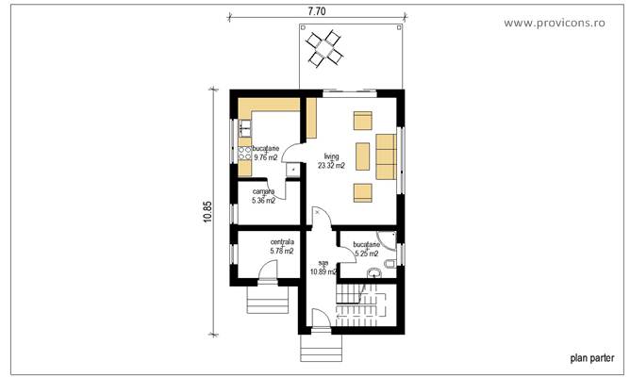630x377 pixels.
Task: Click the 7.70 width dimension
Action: click(x=317, y=12)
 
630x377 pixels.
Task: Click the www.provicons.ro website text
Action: click(x=568, y=22)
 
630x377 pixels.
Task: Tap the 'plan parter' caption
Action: click(x=592, y=358)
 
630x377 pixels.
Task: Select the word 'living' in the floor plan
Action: click(x=331, y=156)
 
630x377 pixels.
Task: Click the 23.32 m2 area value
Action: click(x=331, y=166)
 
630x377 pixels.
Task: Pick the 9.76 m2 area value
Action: click(x=264, y=157)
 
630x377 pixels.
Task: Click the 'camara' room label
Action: click(x=263, y=191)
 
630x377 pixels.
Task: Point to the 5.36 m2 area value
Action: click(x=263, y=200)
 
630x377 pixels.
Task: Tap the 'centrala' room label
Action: click(x=282, y=242)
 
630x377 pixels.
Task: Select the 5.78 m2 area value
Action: click(x=282, y=251)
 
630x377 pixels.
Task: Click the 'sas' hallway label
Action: click(x=323, y=263)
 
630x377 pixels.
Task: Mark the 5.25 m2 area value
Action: click(x=366, y=253)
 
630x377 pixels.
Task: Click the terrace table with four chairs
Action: click(x=326, y=47)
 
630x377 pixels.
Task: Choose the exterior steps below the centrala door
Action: click(x=265, y=300)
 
